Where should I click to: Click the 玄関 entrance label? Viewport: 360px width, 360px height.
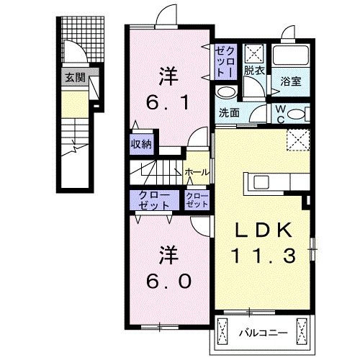(73, 78)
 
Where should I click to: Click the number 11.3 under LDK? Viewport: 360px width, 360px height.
(264, 255)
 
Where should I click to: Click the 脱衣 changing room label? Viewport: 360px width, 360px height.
(253, 71)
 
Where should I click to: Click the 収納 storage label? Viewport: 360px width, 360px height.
(140, 143)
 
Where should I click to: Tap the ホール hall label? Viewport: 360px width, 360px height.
(197, 172)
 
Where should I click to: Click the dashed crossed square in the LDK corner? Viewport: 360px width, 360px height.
(297, 139)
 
